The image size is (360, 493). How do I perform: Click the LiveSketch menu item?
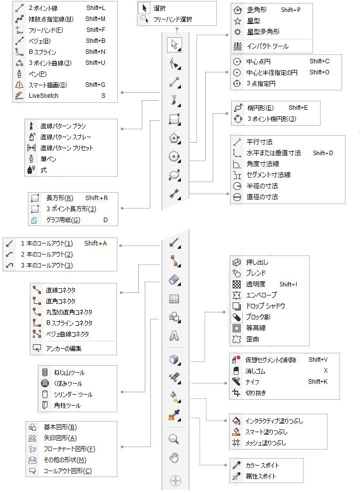(44, 95)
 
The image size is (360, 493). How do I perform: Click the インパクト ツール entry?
(267, 46)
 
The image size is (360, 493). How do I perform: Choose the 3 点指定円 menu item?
(261, 83)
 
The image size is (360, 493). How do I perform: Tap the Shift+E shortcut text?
(298, 107)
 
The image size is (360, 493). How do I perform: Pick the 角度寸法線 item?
(263, 164)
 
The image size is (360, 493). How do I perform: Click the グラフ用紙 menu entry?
(63, 220)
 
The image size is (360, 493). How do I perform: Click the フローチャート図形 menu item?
(69, 449)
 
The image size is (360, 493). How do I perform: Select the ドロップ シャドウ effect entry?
(265, 305)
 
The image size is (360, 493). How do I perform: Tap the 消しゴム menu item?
(255, 371)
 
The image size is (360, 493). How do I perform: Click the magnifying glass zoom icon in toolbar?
(174, 439)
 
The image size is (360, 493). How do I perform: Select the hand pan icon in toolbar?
(174, 459)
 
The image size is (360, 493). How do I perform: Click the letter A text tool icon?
(174, 335)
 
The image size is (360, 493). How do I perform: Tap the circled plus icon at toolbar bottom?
(175, 481)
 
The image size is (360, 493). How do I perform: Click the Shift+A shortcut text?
(95, 244)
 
